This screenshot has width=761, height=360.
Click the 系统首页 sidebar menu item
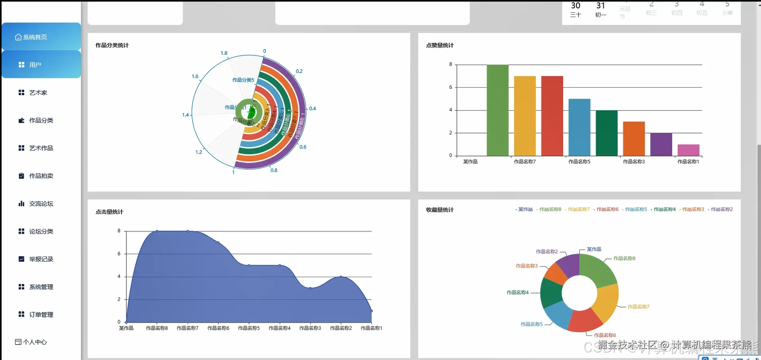[35, 37]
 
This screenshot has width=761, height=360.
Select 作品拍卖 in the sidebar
[41, 176]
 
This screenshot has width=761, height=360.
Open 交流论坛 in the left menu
[41, 204]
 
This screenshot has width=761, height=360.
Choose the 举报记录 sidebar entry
[41, 259]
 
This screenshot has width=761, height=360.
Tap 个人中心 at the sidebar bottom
[35, 342]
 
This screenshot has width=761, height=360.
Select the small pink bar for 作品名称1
[688, 150]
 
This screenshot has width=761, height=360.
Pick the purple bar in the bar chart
[661, 144]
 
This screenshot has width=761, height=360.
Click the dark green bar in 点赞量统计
[606, 133]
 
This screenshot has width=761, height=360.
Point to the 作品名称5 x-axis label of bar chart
[579, 162]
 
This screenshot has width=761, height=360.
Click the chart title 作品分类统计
[112, 45]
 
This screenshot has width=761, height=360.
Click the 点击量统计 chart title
[109, 212]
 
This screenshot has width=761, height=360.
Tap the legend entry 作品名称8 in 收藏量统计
[550, 209]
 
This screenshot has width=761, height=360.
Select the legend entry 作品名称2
[722, 209]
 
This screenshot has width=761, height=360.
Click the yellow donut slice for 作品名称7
[606, 301]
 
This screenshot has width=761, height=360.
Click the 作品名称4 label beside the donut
[517, 293]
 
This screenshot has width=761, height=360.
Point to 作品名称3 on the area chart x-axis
[310, 328]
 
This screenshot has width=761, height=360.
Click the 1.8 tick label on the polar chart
[224, 53]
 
